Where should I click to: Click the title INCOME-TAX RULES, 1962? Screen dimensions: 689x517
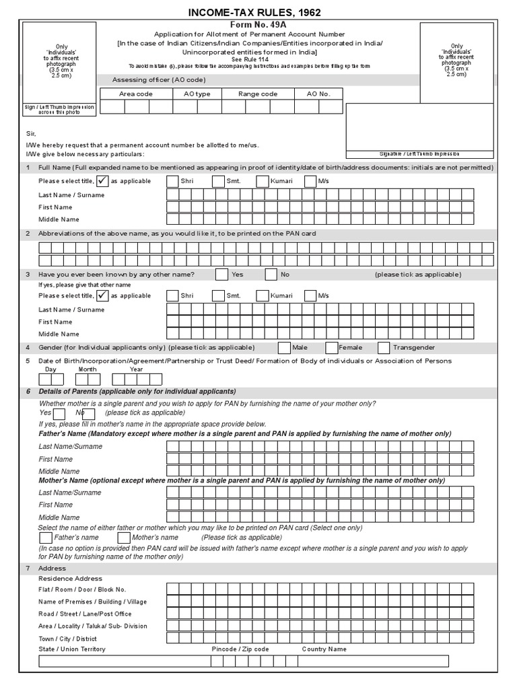point(258,13)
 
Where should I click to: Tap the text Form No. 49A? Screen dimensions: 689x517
point(258,24)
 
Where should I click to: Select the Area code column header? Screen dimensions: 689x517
point(135,94)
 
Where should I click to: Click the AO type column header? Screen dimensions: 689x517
point(197,94)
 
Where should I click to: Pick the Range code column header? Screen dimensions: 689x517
point(258,94)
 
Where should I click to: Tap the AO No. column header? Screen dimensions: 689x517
point(318,94)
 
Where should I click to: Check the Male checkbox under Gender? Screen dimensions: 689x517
point(284,348)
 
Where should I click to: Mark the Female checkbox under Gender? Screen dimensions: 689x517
point(331,348)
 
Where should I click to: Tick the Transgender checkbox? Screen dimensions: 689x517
point(384,348)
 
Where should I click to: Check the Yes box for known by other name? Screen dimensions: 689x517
point(221,275)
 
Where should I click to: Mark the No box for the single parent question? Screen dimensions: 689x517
point(89,414)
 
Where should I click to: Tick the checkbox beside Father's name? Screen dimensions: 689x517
point(46,538)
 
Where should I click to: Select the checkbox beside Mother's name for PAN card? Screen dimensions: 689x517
point(124,538)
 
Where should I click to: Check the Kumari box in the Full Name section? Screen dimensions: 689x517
point(262,182)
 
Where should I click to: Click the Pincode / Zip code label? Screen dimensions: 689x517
point(240,649)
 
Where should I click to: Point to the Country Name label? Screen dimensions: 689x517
point(324,649)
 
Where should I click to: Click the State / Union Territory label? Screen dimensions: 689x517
point(72,649)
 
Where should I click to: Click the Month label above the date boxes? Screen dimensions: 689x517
point(88,369)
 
